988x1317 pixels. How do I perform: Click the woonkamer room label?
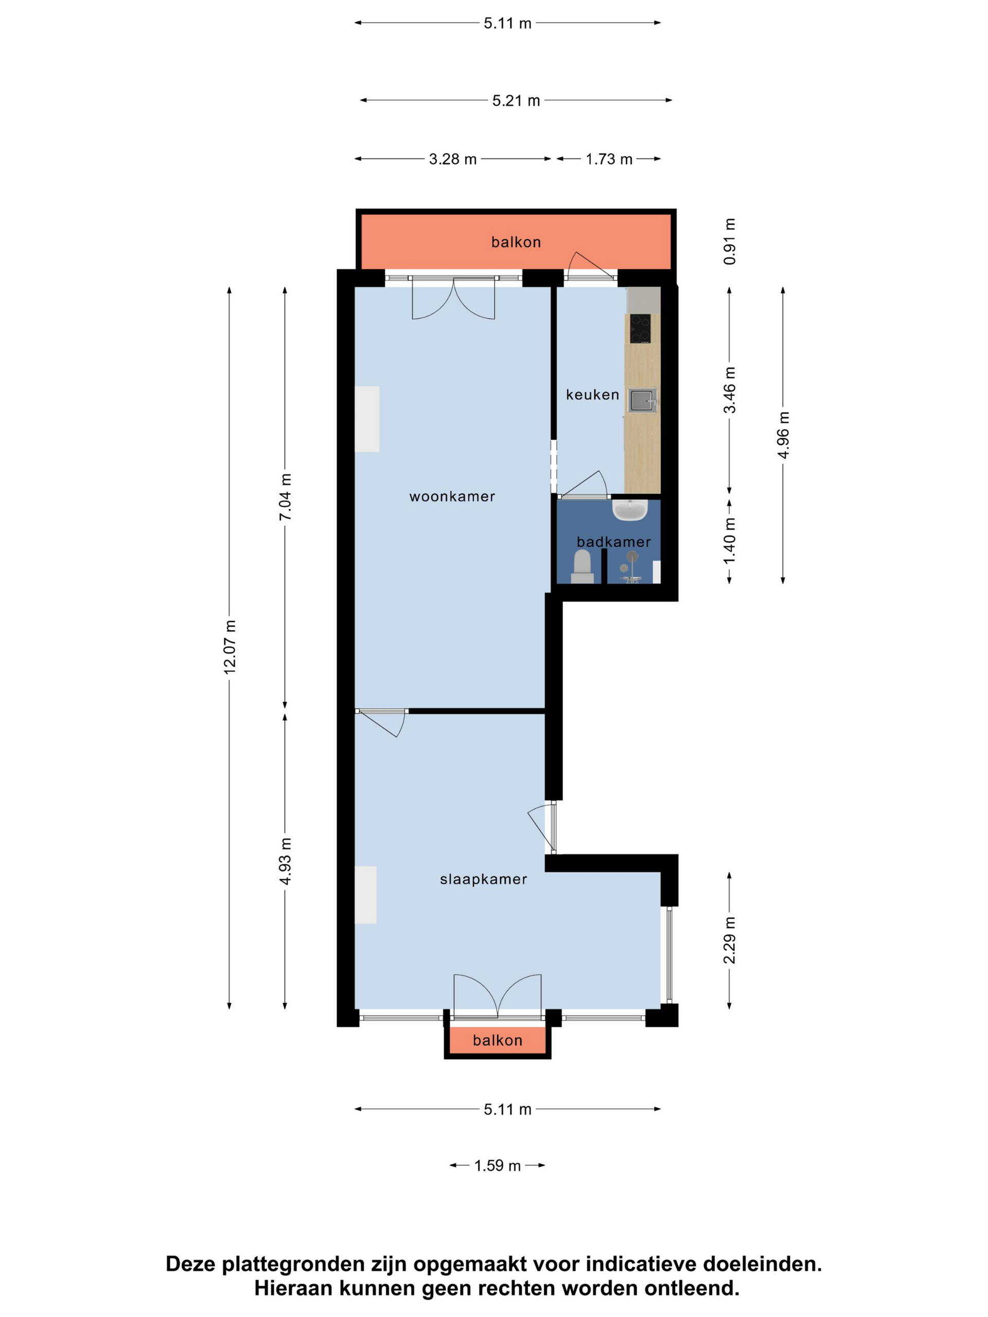tap(452, 496)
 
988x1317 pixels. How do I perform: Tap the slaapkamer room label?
tap(484, 879)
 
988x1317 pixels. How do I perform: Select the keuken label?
tap(593, 395)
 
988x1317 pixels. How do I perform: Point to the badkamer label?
tap(613, 542)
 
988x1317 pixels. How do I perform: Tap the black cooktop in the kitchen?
tap(640, 329)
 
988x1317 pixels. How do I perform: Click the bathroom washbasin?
tap(630, 510)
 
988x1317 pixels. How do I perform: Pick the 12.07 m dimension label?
tap(230, 647)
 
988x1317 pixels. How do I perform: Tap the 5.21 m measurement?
tap(516, 101)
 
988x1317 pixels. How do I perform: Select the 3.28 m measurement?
tap(453, 159)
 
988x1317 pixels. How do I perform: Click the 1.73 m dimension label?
tap(609, 159)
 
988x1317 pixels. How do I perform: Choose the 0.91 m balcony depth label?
tap(730, 241)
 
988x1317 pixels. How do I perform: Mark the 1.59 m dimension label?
tap(497, 1166)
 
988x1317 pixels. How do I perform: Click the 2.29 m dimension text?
tap(730, 940)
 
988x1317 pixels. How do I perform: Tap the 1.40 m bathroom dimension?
tap(730, 540)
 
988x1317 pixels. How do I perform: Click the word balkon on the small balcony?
tap(497, 1041)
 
